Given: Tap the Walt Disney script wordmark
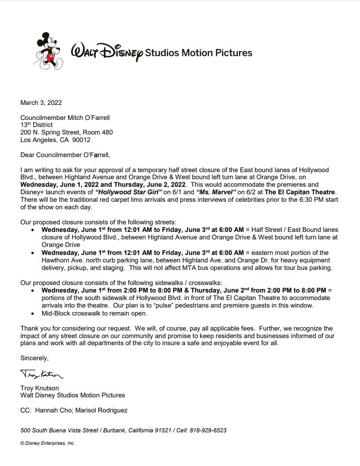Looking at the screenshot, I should point(107,53).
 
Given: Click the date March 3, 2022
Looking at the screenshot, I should point(41,103).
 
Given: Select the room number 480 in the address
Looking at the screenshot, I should point(107,132).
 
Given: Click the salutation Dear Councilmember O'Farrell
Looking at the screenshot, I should point(65,155).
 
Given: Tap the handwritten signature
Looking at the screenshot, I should point(42,376).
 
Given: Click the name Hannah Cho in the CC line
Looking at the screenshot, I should point(53,410).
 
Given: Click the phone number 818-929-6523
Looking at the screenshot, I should point(208,430).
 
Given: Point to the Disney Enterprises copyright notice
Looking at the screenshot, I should point(47,443).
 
